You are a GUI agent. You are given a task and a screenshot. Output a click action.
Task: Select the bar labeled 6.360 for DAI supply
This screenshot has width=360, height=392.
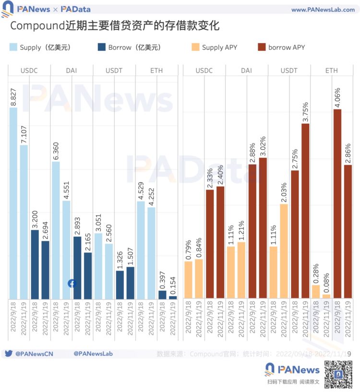pos(56,230)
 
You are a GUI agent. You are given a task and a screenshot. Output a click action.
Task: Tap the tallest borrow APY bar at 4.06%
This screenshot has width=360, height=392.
pos(337,203)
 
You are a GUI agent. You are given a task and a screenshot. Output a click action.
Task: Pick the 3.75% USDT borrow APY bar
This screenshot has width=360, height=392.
pos(305,211)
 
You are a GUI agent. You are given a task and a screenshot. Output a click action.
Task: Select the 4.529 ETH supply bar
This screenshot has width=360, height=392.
pos(141,249)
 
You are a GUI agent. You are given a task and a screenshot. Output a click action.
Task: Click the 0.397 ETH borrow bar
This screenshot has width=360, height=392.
pos(162,294)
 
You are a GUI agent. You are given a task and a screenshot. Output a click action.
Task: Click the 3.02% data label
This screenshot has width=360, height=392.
pos(263,145)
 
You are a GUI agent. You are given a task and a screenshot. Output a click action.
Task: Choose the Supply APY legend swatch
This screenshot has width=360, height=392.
pos(195,48)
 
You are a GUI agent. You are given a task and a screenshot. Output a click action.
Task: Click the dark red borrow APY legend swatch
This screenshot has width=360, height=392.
pos(262,48)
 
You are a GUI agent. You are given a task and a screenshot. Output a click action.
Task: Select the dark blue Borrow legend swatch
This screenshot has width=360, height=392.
pos(102,48)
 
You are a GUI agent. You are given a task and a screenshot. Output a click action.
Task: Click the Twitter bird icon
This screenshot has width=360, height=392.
pos(8,354)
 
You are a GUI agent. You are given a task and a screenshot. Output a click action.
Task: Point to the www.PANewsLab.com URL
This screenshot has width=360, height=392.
pos(323,10)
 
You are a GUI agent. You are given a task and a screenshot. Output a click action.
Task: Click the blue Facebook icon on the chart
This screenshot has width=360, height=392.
pos(72,284)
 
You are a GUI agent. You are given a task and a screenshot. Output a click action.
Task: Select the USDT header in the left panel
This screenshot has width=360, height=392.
pos(114,71)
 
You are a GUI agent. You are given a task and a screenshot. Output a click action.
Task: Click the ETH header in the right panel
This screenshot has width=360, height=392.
pos(332,71)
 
